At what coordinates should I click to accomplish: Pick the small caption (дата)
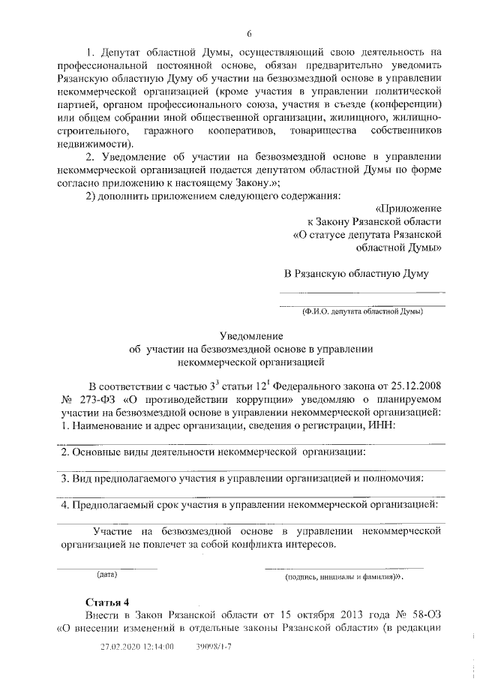pos(108,575)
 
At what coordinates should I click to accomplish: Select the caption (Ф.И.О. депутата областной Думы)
pos(361,311)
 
